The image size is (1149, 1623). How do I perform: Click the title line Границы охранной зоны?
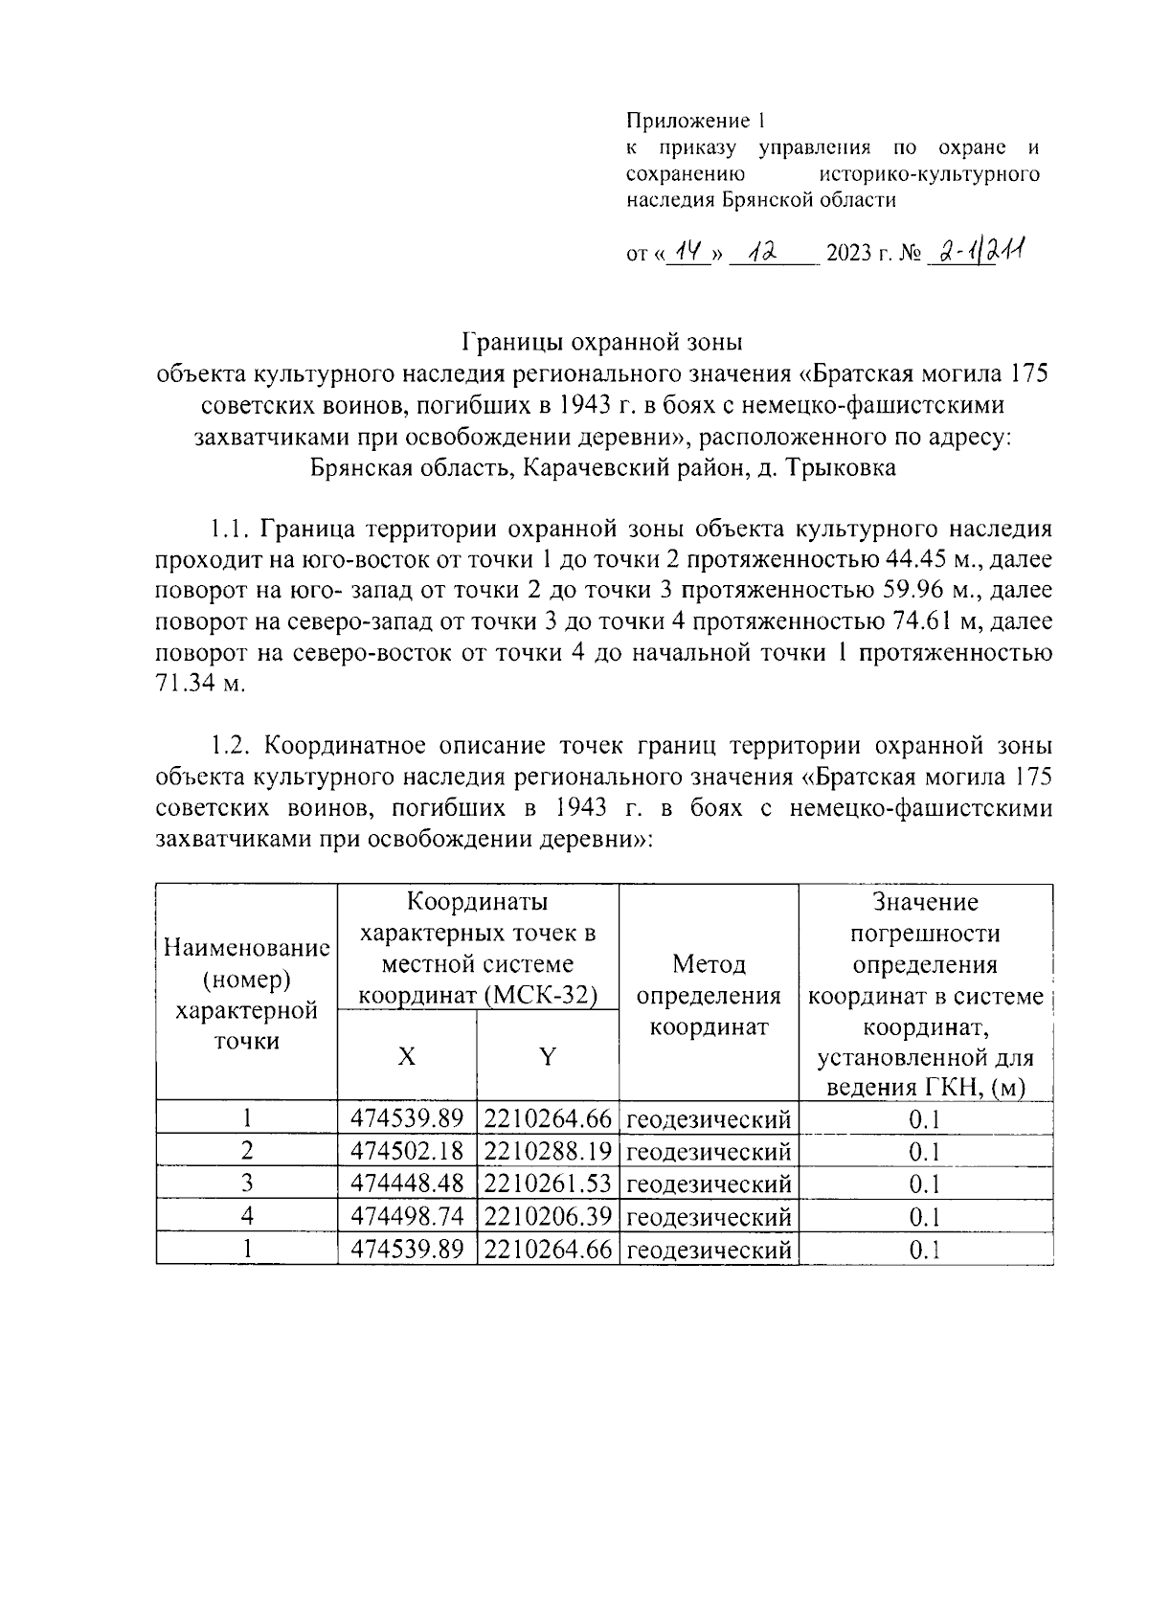tap(602, 341)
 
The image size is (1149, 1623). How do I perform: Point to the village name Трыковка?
tap(840, 468)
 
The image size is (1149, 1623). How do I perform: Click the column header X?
tap(407, 1056)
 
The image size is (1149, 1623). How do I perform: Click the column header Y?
tap(548, 1056)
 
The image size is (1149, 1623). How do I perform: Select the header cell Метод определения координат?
tap(709, 995)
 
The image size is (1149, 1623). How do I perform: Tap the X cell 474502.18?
tap(407, 1151)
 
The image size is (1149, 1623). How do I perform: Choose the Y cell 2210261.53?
tap(548, 1183)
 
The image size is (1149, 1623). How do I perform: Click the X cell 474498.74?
tap(407, 1216)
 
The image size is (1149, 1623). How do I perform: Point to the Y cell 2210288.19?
tap(548, 1151)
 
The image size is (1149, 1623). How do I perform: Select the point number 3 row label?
tap(247, 1183)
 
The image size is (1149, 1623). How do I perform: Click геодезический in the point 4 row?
tap(709, 1216)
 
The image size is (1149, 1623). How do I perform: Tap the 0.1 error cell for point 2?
tap(925, 1151)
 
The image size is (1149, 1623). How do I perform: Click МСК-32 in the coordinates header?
tap(541, 996)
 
